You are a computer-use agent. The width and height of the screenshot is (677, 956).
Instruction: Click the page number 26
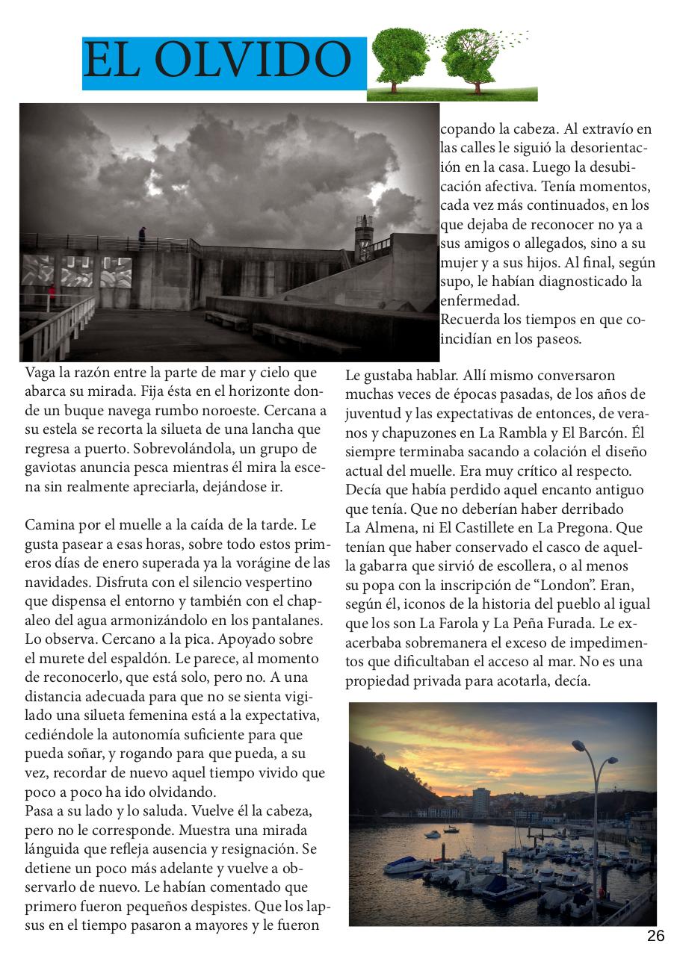[655, 937]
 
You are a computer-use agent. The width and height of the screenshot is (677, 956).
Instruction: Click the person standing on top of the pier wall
[142, 236]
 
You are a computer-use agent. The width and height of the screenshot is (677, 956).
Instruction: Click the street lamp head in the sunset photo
[579, 745]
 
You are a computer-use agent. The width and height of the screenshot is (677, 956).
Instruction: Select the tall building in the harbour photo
[481, 801]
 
